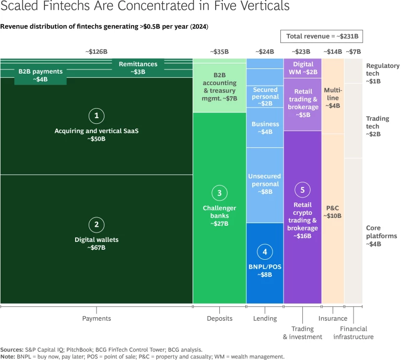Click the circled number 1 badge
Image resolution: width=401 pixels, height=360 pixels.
[x=96, y=116]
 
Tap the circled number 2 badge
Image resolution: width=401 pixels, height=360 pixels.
[x=96, y=225]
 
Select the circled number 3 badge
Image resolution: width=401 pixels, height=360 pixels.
[x=219, y=193]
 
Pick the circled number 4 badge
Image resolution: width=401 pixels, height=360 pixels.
[x=265, y=252]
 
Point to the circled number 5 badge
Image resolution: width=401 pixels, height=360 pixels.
[x=302, y=189]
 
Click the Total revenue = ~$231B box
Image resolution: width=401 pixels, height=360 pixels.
[x=322, y=37]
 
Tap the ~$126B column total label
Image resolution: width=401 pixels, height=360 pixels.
[x=96, y=52]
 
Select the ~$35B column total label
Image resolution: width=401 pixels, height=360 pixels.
[x=219, y=52]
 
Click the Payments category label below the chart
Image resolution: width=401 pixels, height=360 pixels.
[x=96, y=318]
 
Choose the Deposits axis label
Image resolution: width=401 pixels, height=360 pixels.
[x=219, y=318]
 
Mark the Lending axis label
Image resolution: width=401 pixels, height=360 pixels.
[x=265, y=318]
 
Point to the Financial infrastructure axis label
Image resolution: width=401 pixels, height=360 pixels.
[x=353, y=333]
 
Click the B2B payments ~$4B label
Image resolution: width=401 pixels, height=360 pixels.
[x=40, y=75]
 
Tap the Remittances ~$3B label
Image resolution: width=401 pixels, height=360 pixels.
[x=138, y=68]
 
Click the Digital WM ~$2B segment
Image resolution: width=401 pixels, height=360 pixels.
[x=302, y=68]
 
